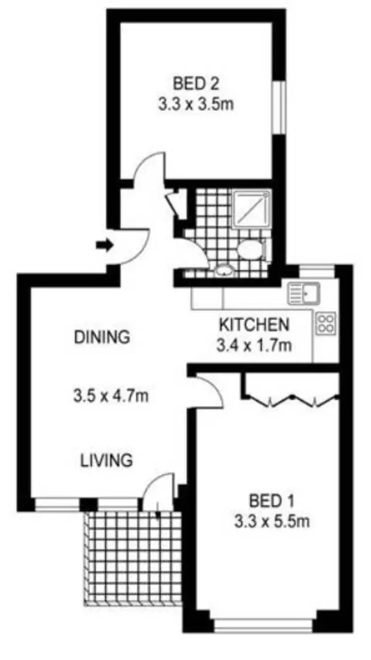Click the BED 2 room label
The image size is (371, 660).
click(196, 83)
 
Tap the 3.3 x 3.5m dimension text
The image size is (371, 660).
click(196, 104)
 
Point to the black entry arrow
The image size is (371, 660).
click(104, 245)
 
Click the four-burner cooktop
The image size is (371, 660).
click(326, 323)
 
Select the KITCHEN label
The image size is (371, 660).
click(254, 325)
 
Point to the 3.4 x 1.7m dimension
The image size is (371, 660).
click(254, 345)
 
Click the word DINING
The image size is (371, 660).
click(102, 337)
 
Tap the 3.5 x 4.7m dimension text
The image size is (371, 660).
click(111, 396)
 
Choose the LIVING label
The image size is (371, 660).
click(107, 460)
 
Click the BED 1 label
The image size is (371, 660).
click(272, 501)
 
